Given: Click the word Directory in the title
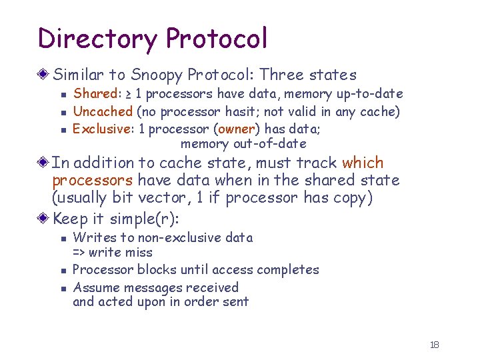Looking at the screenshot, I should tap(97, 39).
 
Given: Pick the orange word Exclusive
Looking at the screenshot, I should tap(101, 128).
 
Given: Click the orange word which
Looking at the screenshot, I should tap(363, 163).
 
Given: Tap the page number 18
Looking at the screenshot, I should tap(435, 345).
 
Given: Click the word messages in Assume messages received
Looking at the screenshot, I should tap(149, 287).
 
